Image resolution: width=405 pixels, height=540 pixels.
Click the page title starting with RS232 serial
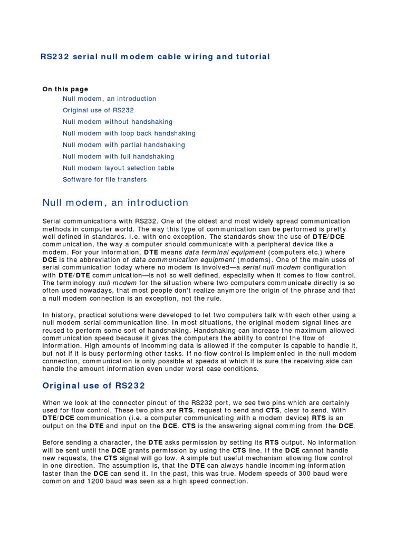pyautogui.click(x=155, y=56)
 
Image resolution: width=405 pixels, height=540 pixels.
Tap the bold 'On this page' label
pyautogui.click(x=65, y=89)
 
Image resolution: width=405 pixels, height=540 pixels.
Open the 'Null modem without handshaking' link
pyautogui.click(x=118, y=122)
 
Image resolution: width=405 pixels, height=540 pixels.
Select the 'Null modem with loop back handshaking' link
pyautogui.click(x=129, y=133)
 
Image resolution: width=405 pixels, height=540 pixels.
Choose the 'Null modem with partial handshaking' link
pyautogui.click(x=124, y=145)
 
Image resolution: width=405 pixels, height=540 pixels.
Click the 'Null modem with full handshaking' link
pyautogui.click(x=119, y=157)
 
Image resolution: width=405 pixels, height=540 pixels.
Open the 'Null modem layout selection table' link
pyautogui.click(x=119, y=168)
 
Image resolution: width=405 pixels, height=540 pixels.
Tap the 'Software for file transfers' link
pyautogui.click(x=105, y=180)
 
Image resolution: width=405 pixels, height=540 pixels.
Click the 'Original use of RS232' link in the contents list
pyautogui.click(x=99, y=110)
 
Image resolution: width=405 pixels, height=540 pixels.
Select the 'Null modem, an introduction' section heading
pyautogui.click(x=115, y=202)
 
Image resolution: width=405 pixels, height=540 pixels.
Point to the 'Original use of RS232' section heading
pyautogui.click(x=93, y=385)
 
